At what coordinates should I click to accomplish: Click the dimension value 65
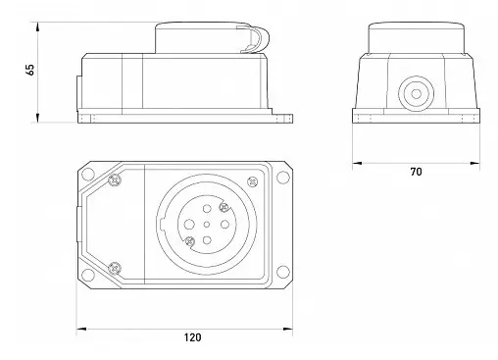[29, 70]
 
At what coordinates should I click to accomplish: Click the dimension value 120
[192, 337]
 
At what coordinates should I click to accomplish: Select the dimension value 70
[416, 172]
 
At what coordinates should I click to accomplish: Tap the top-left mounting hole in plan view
[87, 175]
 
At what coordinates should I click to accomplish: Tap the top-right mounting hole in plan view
[283, 178]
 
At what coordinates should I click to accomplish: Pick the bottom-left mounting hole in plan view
[87, 274]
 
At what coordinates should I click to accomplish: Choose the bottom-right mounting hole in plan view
[283, 272]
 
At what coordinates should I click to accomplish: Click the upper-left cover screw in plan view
[115, 180]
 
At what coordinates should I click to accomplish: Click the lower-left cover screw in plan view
[115, 268]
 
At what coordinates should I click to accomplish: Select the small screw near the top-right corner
[252, 181]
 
